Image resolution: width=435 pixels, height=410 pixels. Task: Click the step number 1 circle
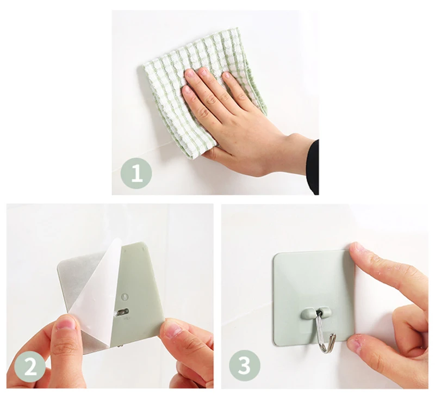pos(136,173)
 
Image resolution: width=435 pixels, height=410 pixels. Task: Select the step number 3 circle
pos(244,365)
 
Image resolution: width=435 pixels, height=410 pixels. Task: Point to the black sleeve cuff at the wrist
pos(312,166)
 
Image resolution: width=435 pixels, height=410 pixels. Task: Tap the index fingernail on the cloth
pos(190,73)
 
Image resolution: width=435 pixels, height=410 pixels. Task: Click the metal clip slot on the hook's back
pos(122,312)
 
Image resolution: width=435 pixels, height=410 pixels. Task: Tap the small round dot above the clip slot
pos(125,297)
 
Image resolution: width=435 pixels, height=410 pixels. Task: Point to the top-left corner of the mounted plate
pos(275,254)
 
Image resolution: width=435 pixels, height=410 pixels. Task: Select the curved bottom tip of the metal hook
pos(327,350)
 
